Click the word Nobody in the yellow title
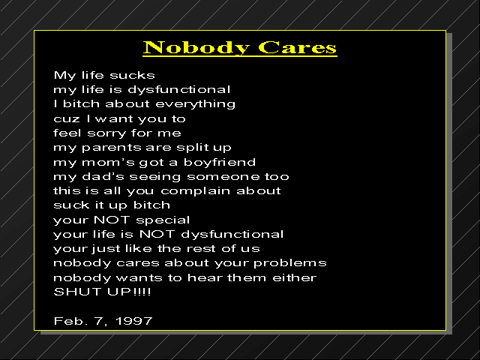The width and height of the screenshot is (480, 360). (x=196, y=48)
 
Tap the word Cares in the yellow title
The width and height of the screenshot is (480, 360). (x=297, y=47)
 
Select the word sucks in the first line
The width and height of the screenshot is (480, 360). (x=132, y=75)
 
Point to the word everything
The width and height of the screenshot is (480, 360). (x=195, y=104)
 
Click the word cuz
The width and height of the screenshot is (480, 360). (x=67, y=119)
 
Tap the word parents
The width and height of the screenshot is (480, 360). (x=111, y=148)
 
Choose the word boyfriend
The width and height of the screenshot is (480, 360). (x=220, y=162)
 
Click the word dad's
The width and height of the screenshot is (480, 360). (x=103, y=176)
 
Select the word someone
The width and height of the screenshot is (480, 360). (x=223, y=177)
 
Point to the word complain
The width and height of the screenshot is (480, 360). (x=195, y=191)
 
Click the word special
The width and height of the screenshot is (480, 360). (x=163, y=220)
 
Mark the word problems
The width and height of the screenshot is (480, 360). (x=290, y=263)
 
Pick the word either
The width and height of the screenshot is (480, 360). (x=294, y=277)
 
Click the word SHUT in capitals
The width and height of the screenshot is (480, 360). (x=77, y=292)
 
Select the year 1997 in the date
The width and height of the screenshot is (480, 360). (x=134, y=321)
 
